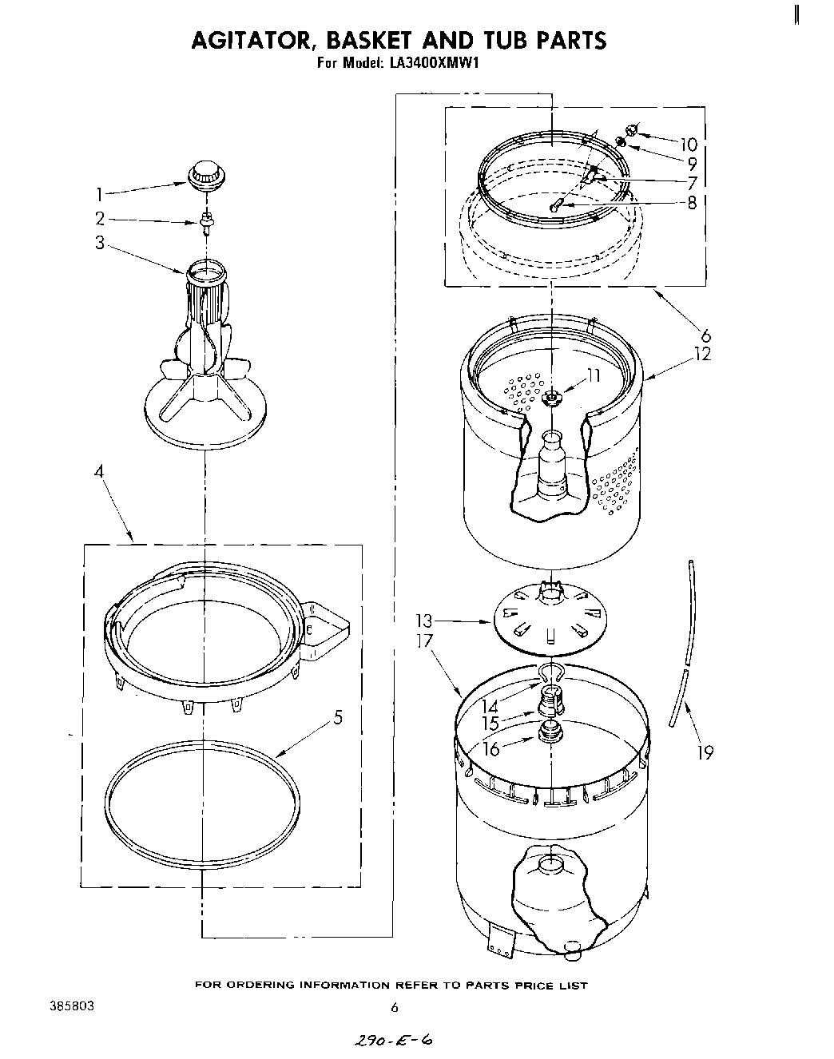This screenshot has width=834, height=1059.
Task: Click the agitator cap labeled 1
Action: (205, 173)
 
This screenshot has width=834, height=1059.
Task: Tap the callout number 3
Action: (100, 243)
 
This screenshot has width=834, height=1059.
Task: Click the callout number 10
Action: (688, 145)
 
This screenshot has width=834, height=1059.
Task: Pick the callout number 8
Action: (692, 202)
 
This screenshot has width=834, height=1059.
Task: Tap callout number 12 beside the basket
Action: (703, 354)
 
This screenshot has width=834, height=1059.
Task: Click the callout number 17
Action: (424, 640)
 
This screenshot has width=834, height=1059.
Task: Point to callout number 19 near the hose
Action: (704, 752)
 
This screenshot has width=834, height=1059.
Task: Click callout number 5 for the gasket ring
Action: (339, 717)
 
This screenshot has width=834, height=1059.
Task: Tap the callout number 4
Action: (99, 472)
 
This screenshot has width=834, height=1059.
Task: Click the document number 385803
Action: (72, 1006)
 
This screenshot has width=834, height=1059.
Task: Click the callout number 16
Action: (490, 748)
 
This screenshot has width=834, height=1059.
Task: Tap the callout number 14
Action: (489, 706)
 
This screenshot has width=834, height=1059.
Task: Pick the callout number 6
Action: (705, 335)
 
